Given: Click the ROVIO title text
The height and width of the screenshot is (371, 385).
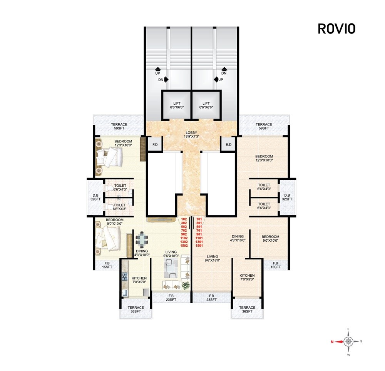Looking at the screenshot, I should pyautogui.click(x=336, y=29).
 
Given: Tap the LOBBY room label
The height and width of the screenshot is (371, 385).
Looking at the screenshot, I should pyautogui.click(x=191, y=133).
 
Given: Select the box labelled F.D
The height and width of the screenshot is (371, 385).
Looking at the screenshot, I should pyautogui.click(x=155, y=145).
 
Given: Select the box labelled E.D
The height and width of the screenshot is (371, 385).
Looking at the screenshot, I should pyautogui.click(x=228, y=145).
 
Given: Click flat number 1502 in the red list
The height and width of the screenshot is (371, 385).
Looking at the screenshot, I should pyautogui.click(x=184, y=246).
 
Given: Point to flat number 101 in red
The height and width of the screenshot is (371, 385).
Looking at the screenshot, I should pyautogui.click(x=199, y=219).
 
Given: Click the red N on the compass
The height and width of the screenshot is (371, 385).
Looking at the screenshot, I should pyautogui.click(x=331, y=341).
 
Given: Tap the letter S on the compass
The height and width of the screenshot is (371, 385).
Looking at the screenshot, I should pyautogui.click(x=361, y=341).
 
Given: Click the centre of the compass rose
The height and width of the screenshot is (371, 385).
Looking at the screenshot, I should pyautogui.click(x=348, y=341).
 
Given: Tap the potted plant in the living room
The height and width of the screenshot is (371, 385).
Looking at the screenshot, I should pyautogui.click(x=186, y=286).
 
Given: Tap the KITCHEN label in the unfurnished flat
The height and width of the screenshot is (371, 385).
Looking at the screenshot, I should pyautogui.click(x=247, y=276).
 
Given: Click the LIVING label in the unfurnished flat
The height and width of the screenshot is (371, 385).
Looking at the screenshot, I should pyautogui.click(x=212, y=256).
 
